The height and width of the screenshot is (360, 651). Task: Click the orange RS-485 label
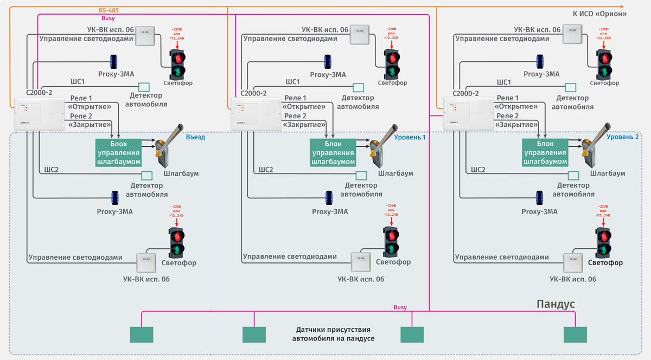coord(109,10)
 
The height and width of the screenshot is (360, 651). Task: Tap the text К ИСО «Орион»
coord(599,14)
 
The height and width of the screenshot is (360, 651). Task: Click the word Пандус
coord(556,304)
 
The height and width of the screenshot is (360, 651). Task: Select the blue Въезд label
coord(195,137)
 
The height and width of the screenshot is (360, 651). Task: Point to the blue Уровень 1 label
coord(410,137)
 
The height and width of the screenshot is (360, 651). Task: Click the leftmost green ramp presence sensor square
coord(142,335)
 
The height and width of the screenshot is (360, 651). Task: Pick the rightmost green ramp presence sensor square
coord(575,335)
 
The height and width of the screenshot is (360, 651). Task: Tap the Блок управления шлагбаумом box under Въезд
coord(118,153)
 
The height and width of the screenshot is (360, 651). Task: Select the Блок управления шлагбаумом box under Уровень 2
coord(545,153)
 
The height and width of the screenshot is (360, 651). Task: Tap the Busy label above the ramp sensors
coord(400,307)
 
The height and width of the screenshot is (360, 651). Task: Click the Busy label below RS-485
coord(108,18)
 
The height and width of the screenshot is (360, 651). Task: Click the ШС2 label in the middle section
coord(266,170)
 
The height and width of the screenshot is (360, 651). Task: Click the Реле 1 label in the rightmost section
coord(508,98)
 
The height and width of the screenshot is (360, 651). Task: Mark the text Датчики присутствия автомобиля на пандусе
coord(333,334)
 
